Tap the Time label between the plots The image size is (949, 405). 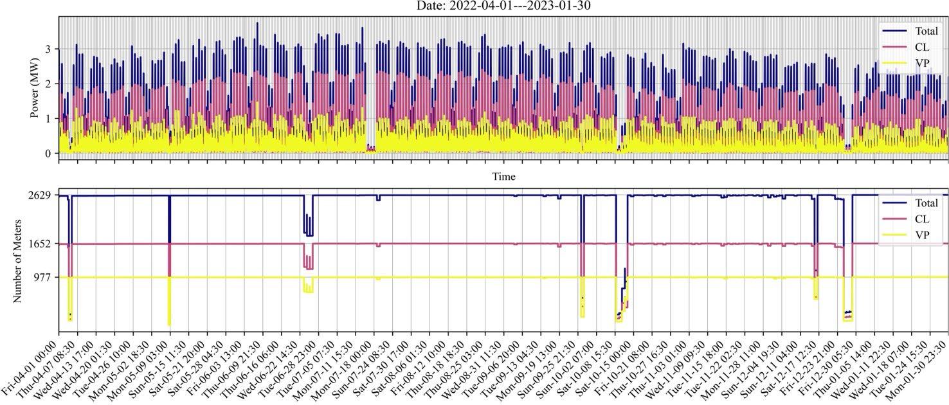click(x=503, y=176)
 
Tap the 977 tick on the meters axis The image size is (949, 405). click(x=44, y=277)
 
